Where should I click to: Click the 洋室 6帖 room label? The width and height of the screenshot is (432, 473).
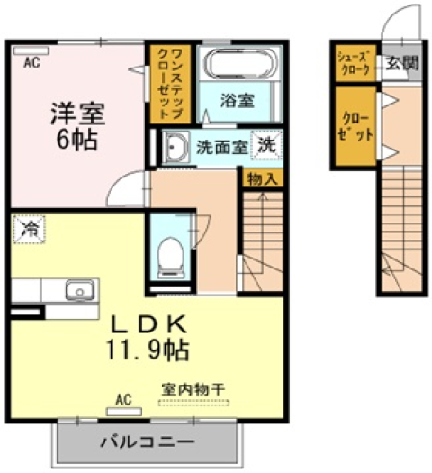77,126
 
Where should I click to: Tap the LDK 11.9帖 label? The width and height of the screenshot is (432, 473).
148,337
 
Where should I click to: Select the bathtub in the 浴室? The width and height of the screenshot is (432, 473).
240,63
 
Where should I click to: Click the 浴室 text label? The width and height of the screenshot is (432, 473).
238,100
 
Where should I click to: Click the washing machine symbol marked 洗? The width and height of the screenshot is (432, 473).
267,145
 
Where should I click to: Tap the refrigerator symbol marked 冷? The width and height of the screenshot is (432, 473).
29,229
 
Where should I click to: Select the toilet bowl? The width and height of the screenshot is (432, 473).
171,257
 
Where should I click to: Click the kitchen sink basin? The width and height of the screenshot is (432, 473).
79,290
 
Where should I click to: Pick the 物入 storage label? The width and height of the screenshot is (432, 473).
263,179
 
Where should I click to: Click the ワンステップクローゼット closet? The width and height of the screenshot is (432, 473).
170,84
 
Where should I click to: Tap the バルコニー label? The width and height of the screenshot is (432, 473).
148,442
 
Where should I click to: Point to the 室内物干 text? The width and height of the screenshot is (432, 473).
193,389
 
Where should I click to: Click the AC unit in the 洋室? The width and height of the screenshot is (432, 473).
31,50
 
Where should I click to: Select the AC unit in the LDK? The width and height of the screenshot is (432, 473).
124,412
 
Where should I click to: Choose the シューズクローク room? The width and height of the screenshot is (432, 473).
355,63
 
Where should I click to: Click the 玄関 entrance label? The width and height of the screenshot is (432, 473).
402,63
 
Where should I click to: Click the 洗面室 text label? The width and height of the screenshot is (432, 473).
222,148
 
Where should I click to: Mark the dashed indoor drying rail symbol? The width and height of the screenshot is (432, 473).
193,403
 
